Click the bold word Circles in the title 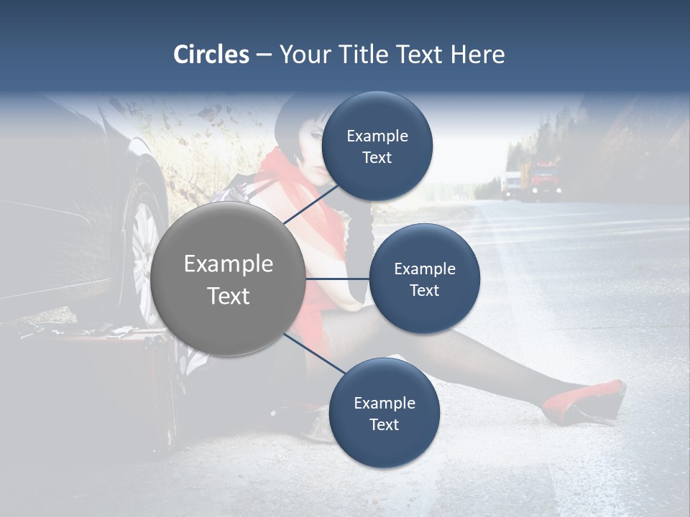point(211,55)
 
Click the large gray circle point(228,279)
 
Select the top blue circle point(377,146)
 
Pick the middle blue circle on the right point(424,279)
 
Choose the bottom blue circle point(384,413)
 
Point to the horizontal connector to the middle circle point(337,279)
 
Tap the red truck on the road point(544,180)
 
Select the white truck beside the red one point(511,184)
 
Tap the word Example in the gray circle point(228,264)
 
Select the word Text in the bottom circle point(384,424)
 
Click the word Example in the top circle point(377,136)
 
